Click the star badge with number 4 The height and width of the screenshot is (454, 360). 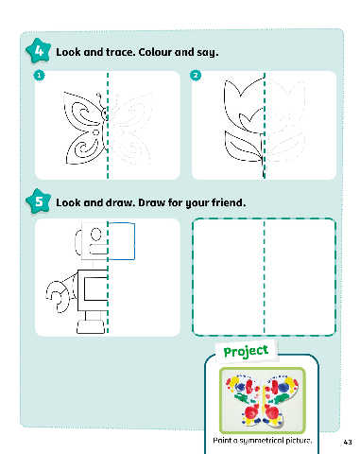38,51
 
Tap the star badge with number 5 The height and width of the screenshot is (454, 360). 38,201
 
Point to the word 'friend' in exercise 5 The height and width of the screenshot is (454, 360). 227,202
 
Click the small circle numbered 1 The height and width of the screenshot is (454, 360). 39,76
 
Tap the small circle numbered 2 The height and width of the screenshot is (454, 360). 196,76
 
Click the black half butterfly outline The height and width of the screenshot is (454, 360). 85,129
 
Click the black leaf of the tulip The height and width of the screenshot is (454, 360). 244,147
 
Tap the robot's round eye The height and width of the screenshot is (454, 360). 95,235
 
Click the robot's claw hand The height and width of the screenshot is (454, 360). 57,296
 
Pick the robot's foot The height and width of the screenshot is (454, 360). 91,326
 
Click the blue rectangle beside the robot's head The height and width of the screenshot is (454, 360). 122,241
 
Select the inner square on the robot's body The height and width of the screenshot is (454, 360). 96,288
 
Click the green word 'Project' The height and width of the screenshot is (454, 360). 246,351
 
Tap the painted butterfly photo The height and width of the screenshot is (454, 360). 263,400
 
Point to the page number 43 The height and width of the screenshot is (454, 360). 348,442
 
